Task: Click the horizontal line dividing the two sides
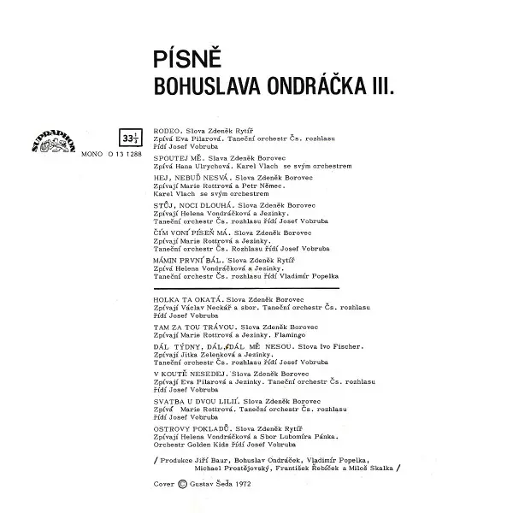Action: (248, 288)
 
